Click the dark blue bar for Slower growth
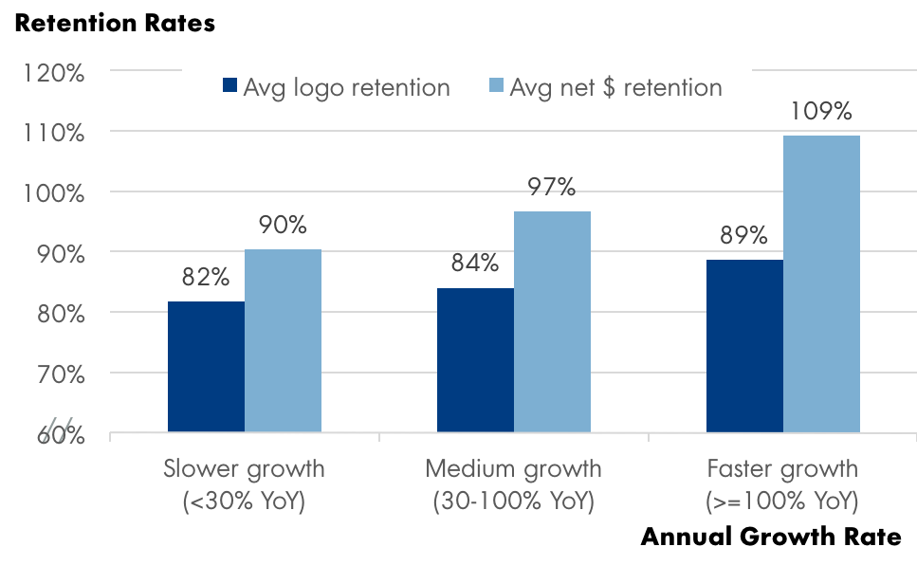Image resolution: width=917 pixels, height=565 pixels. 206,367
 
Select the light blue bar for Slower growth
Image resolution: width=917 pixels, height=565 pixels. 283,341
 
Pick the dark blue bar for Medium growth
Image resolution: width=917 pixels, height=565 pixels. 475,360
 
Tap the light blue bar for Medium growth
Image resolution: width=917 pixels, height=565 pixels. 552,322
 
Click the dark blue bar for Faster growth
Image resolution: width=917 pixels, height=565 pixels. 744,346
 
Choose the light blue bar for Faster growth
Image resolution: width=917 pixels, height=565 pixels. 821,284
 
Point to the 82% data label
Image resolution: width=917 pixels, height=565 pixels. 206,278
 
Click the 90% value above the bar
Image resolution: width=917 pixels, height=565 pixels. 283,226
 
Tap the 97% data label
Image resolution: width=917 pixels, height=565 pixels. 552,186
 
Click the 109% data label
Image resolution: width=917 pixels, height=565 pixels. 821,112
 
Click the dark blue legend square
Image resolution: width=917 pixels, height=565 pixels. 229,87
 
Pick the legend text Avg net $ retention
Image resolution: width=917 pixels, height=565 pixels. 615,87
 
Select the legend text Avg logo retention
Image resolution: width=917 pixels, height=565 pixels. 346,87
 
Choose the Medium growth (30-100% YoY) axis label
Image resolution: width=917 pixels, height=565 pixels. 513,484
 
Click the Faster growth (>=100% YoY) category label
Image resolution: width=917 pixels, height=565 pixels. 782,484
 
